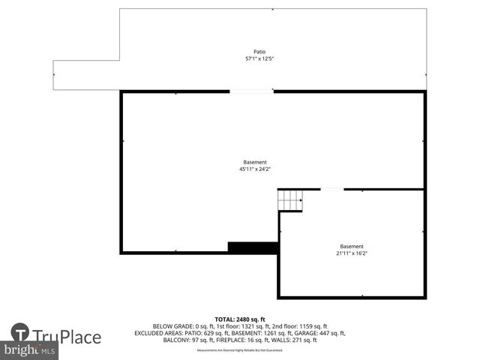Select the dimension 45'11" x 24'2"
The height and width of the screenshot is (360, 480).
coord(254,169)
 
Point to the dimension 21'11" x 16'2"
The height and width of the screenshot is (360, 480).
coord(352,253)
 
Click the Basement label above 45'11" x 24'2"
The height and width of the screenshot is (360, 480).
coord(254,162)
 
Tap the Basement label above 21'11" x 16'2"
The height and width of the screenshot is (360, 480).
coord(352,246)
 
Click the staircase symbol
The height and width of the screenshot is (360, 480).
coord(289,200)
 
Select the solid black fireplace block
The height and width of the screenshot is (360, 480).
coord(253,247)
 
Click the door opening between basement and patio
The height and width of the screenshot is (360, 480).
coord(251,91)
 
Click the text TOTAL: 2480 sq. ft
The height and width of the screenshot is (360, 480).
coord(240,319)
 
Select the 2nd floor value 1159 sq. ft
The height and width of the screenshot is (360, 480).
coord(301,326)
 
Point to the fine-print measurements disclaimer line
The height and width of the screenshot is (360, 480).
coord(240,350)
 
